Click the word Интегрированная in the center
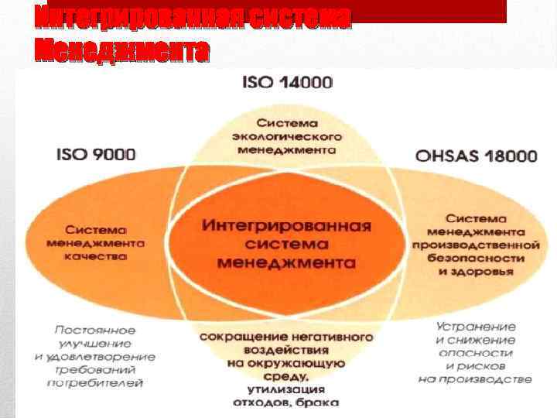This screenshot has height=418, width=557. (286, 226)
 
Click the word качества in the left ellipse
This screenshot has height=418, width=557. (97, 256)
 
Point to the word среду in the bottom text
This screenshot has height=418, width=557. (286, 375)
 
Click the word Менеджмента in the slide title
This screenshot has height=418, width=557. (122, 51)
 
